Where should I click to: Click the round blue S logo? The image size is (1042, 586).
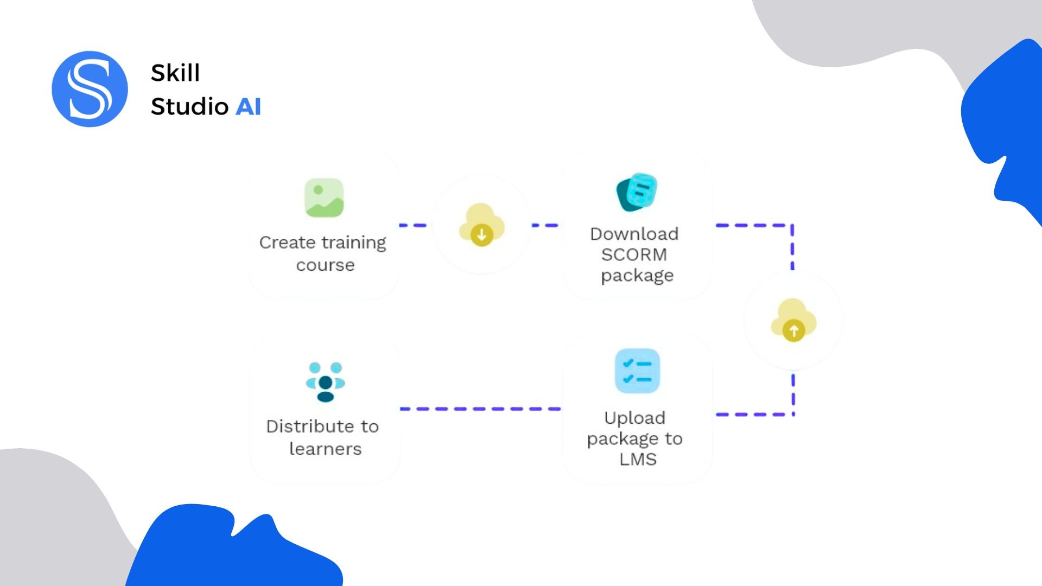pyautogui.click(x=90, y=89)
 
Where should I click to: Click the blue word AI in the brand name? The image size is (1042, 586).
pyautogui.click(x=248, y=106)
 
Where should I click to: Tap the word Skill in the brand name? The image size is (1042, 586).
pyautogui.click(x=175, y=73)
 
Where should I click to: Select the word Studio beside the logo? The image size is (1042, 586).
pyautogui.click(x=189, y=106)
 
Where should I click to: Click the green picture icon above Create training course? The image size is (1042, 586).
pyautogui.click(x=324, y=198)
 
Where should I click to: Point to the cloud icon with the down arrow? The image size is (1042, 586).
pyautogui.click(x=481, y=225)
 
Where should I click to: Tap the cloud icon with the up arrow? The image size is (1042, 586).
pyautogui.click(x=793, y=320)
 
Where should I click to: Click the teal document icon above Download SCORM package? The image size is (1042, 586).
pyautogui.click(x=637, y=192)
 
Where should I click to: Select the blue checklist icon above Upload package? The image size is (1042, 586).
pyautogui.click(x=637, y=371)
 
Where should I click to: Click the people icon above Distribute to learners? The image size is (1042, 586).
pyautogui.click(x=325, y=382)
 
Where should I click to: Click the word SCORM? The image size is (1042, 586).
pyautogui.click(x=634, y=254)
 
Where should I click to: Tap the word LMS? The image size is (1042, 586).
pyautogui.click(x=638, y=460)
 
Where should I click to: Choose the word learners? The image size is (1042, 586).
pyautogui.click(x=325, y=449)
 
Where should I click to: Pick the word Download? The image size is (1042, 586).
pyautogui.click(x=634, y=234)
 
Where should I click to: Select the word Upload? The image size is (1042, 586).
pyautogui.click(x=634, y=418)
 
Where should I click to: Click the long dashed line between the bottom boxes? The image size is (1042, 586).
pyautogui.click(x=480, y=409)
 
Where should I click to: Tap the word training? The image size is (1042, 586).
pyautogui.click(x=354, y=243)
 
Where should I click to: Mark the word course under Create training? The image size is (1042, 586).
pyautogui.click(x=325, y=265)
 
